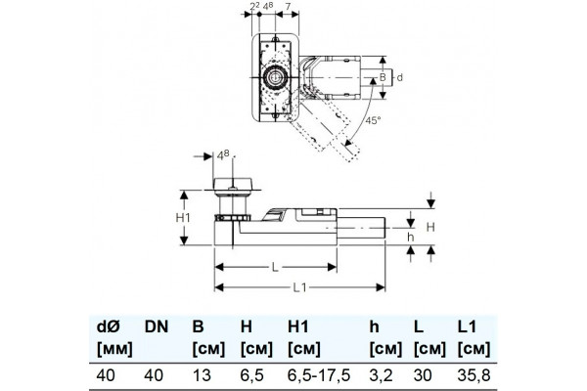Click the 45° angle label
[373, 120]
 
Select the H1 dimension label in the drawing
[183, 217]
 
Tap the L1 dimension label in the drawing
[300, 287]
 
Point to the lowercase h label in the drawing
[411, 237]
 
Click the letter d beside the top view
[400, 77]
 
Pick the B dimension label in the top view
[383, 77]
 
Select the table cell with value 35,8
[474, 375]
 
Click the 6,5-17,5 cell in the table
[319, 375]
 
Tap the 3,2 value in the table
[382, 375]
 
